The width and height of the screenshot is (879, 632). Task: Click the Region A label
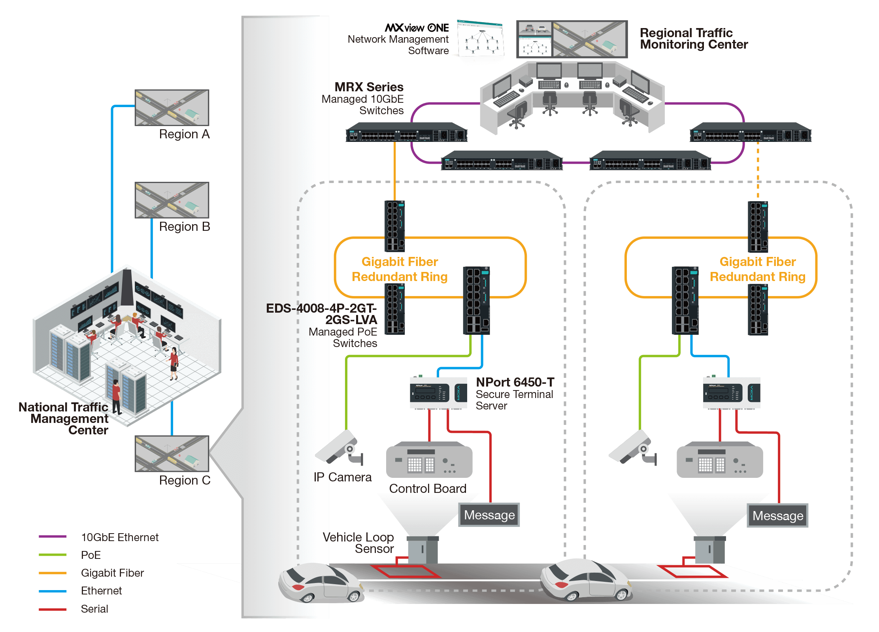[184, 134]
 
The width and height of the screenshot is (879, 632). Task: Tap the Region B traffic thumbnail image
[172, 200]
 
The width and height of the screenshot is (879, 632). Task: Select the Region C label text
[185, 480]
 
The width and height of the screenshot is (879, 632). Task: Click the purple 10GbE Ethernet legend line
[53, 537]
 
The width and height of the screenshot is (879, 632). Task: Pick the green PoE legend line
[53, 555]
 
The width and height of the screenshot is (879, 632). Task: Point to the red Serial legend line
[53, 609]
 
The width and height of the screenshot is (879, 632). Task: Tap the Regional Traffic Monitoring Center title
[694, 39]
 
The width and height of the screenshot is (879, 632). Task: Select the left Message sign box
[489, 515]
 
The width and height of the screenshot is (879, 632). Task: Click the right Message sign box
[778, 516]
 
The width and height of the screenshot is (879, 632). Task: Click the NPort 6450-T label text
[515, 382]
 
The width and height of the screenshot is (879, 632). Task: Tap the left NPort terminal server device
[438, 392]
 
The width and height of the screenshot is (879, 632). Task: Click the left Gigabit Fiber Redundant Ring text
[400, 269]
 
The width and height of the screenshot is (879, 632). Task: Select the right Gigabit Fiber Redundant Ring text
[757, 269]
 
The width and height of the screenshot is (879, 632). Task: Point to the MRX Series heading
[369, 87]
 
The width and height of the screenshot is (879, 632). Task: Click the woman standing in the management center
[174, 364]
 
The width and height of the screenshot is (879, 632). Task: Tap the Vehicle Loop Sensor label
[358, 543]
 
